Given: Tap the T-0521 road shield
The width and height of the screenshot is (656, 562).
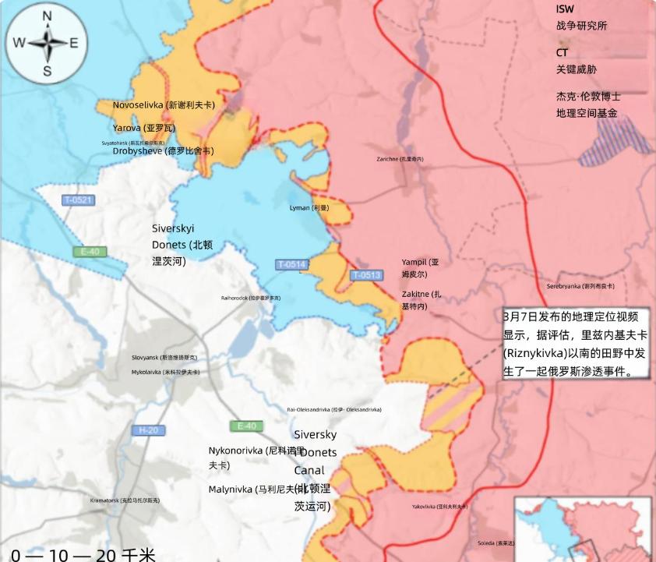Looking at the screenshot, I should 78,200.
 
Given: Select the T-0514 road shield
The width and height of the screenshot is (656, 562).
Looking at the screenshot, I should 291,265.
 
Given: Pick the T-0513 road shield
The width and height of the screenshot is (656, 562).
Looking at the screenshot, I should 365,275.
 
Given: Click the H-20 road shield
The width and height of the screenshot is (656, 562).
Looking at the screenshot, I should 148,430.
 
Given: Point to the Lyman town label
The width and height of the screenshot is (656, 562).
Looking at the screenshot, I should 309,208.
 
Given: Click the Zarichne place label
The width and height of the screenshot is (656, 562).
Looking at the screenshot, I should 400,159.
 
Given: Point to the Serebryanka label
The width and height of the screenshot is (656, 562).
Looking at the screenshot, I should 580,286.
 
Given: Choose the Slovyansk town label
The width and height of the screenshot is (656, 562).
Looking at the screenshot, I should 164,357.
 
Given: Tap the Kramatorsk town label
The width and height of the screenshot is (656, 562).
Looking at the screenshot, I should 125,500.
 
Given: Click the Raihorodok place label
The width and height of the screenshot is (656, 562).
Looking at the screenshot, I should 251,298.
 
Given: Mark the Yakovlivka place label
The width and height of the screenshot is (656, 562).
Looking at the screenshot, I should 440,507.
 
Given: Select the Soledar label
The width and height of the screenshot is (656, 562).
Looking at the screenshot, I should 496,543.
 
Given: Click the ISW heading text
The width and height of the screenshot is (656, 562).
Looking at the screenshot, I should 565,9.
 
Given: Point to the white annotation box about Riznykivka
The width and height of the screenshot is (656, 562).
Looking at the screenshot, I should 575,344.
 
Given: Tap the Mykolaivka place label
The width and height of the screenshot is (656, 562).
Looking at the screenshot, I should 165,373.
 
